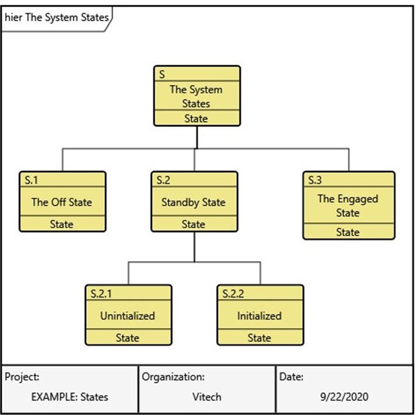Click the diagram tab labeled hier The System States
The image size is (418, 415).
(56, 17)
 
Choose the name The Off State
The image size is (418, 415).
(62, 203)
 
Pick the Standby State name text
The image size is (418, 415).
(193, 203)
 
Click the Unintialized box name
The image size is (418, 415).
(127, 316)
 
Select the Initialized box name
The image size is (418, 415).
(259, 316)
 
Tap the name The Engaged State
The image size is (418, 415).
(348, 205)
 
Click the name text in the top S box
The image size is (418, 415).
(196, 96)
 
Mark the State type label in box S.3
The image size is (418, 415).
(348, 232)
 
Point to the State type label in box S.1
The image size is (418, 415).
(62, 224)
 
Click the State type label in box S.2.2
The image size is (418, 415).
(259, 338)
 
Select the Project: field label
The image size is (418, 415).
(22, 377)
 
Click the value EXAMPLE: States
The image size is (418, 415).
(70, 397)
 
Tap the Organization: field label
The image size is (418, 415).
(173, 377)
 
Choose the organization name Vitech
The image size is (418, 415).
(207, 397)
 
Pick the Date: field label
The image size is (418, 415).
(291, 377)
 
